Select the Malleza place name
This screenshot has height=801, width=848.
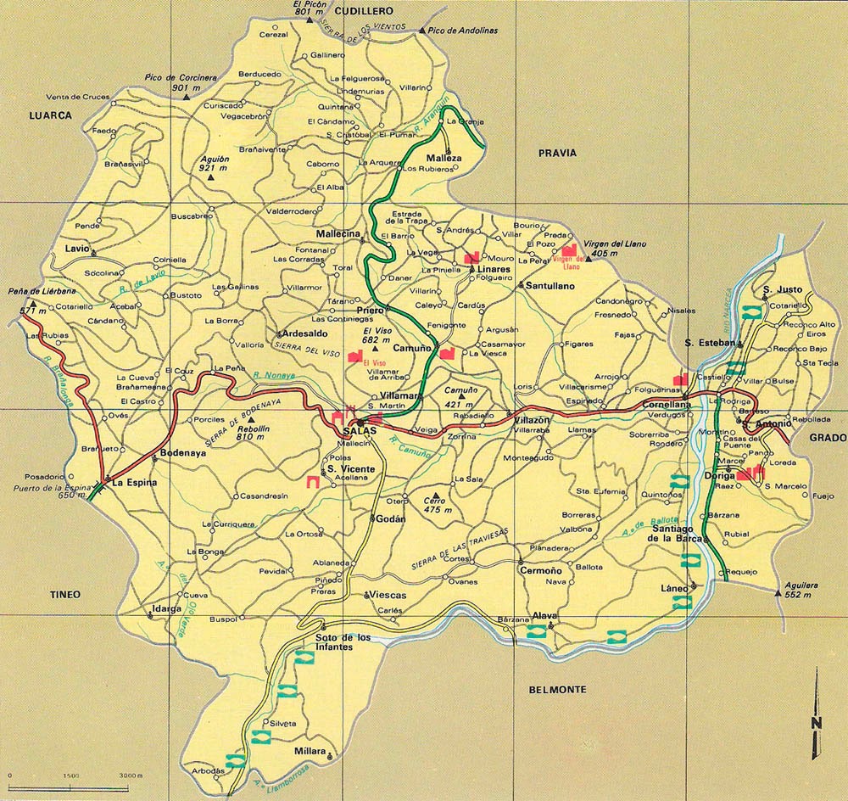tap(444, 159)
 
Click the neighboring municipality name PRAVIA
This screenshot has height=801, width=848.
tap(556, 153)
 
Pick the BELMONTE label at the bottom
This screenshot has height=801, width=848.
tap(557, 690)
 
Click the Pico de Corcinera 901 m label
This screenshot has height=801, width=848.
tap(181, 82)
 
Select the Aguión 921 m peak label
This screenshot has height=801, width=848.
tap(215, 164)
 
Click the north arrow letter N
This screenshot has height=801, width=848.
tap(815, 723)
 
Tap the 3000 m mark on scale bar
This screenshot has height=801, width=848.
tap(130, 776)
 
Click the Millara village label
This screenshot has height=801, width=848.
tap(310, 752)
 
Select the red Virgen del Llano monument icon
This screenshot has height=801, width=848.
tap(570, 251)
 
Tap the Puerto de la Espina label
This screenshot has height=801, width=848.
tap(50, 490)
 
